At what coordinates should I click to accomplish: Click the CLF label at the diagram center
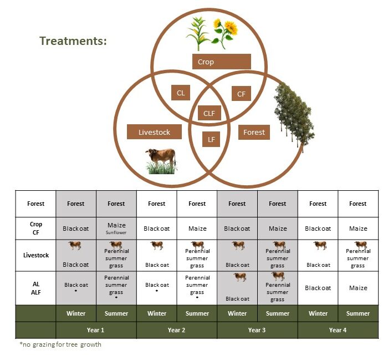tap(209, 113)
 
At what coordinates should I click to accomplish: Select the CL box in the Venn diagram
tap(181, 93)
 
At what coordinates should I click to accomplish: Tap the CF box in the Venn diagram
tap(241, 94)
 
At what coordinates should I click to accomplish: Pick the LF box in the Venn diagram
tap(211, 139)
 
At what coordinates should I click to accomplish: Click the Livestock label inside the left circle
tap(154, 131)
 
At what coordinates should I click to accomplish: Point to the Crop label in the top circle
tap(222, 62)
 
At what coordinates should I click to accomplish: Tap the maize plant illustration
tap(197, 33)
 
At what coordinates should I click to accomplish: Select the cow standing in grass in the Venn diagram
tap(161, 161)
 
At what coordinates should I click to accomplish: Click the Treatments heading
tap(73, 41)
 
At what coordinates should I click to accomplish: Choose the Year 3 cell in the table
tap(257, 330)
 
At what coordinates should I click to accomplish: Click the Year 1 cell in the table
tap(96, 330)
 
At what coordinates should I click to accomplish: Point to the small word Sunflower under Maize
tap(116, 232)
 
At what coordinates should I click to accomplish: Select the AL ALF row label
tap(36, 288)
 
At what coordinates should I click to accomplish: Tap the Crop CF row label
tap(36, 229)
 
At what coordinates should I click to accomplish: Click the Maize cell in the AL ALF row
tap(358, 288)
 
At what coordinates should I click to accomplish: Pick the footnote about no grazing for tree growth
tap(60, 344)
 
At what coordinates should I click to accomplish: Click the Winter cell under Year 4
tap(318, 313)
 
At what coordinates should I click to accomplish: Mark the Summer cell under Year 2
tap(197, 313)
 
